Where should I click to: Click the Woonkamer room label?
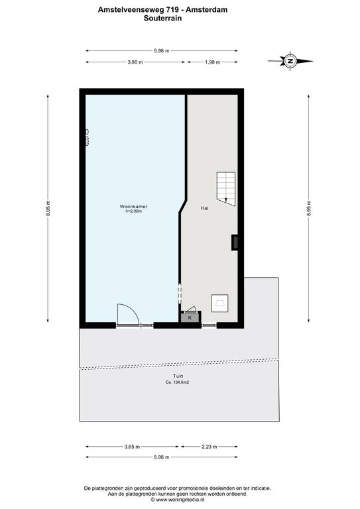[133, 207]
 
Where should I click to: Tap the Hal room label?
[204, 208]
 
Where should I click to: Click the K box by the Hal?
[190, 318]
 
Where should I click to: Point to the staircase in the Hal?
[226, 189]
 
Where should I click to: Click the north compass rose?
[290, 61]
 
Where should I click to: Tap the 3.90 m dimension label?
[135, 62]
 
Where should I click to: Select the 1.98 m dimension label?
[213, 62]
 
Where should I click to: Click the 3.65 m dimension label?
[132, 447]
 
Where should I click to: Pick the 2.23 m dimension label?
[210, 447]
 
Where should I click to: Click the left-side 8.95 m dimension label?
[48, 208]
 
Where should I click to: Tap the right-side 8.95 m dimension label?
[309, 208]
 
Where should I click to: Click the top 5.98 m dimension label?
[161, 50]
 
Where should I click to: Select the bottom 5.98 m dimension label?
[161, 457]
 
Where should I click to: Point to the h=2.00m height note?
[134, 211]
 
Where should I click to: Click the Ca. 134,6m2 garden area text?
[177, 382]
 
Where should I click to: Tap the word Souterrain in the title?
[162, 18]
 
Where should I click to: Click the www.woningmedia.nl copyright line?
[177, 500]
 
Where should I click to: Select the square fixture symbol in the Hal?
[219, 303]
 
